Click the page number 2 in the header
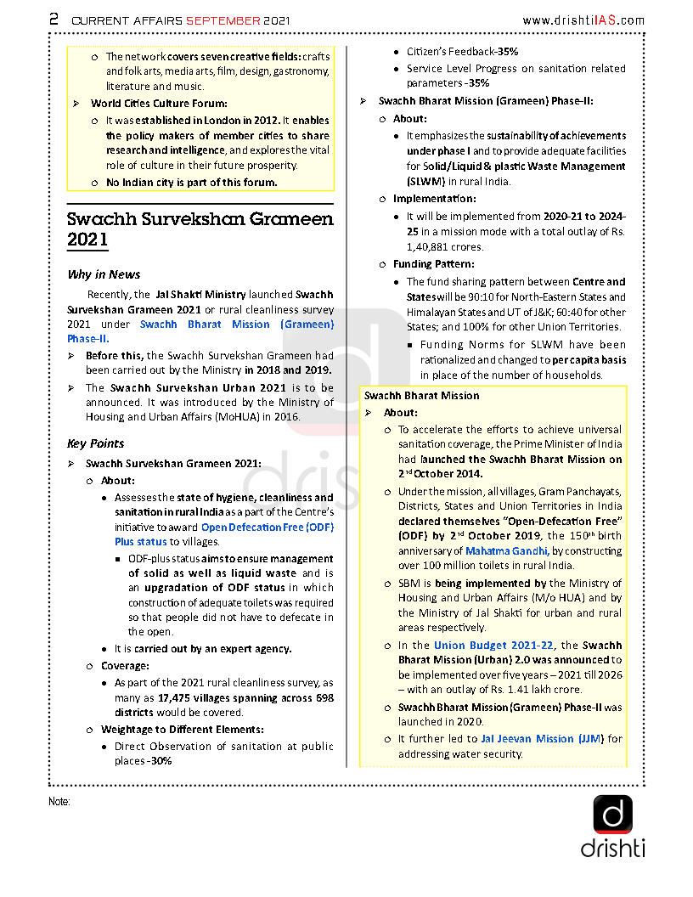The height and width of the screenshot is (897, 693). coord(53,19)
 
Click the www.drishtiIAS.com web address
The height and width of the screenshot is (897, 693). coord(583,20)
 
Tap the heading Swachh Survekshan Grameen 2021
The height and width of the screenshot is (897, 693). coord(200,229)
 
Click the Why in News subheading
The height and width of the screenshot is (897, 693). coord(104,274)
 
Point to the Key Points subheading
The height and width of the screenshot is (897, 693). coord(95,443)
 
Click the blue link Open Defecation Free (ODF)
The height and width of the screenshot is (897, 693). coord(267,527)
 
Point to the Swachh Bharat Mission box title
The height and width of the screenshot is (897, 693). coord(421,396)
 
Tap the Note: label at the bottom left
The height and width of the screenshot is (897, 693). coord(59,802)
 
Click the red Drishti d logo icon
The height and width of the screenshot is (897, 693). coord(612,815)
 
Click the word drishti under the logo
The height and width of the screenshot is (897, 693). coord(612,848)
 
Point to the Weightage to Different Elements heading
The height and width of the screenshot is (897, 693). coord(182,730)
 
